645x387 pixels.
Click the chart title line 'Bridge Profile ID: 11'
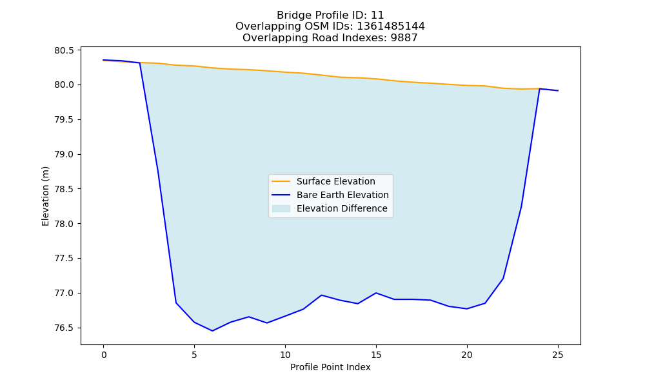pos(330,15)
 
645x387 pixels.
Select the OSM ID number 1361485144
pos(391,26)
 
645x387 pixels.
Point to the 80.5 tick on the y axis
pos(64,50)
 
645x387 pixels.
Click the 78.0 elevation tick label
pos(64,224)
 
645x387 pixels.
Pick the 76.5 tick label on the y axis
pos(64,328)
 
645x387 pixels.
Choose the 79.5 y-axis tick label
pos(64,120)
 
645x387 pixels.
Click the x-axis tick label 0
pos(104,355)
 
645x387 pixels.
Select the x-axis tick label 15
pos(376,355)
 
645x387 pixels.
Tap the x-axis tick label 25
pos(558,355)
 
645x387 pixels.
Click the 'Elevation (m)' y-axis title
pos(45,196)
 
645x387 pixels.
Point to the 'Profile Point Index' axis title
pos(330,367)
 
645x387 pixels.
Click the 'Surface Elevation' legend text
pos(335,181)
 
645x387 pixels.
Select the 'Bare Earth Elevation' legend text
pos(342,195)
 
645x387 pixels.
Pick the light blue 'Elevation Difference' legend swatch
pos(281,208)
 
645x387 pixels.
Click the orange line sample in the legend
pos(281,181)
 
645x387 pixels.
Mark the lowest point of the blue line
pos(213,331)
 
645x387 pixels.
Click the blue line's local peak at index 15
pos(376,293)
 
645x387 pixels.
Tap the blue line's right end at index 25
pos(558,90)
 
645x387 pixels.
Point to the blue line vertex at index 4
pos(176,303)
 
